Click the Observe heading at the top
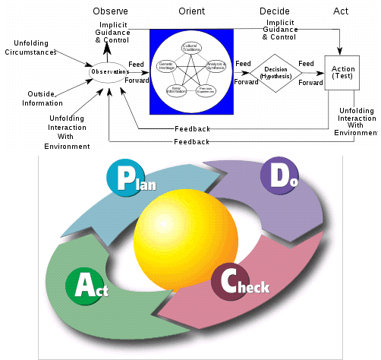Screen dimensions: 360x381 tap(110, 11)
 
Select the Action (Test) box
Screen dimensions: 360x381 tap(342, 74)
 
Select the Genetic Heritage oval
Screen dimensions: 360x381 tap(165, 66)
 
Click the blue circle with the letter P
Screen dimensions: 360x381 tap(121, 176)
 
